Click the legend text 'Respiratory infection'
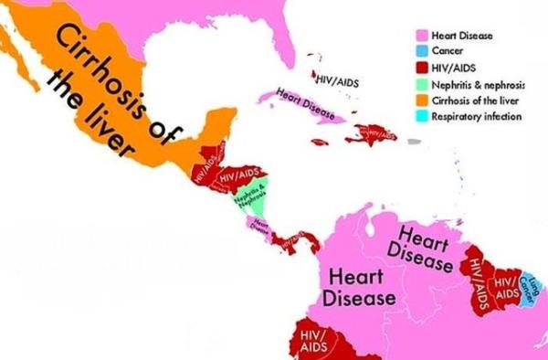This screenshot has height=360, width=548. (476, 116)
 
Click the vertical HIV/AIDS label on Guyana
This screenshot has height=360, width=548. (477, 274)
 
